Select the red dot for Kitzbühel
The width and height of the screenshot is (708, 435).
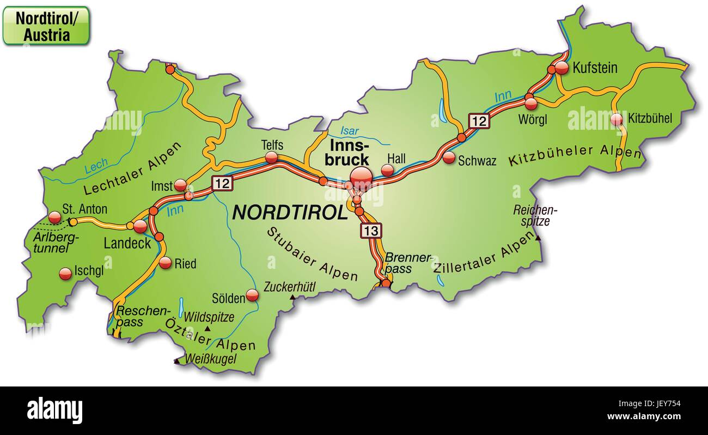tap(617, 119)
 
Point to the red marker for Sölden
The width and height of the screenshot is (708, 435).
tap(252, 295)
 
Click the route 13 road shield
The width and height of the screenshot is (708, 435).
tap(370, 231)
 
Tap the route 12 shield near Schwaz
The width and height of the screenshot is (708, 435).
tap(479, 121)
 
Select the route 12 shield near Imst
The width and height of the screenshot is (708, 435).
tap(222, 183)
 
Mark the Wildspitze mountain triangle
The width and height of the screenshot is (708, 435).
tap(207, 330)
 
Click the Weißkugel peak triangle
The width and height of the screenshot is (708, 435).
tap(176, 361)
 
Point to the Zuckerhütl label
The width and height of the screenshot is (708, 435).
tap(289, 287)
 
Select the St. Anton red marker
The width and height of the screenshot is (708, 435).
tap(54, 217)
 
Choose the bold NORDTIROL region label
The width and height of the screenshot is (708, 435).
tap(290, 212)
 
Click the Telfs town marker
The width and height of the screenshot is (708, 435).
tap(271, 158)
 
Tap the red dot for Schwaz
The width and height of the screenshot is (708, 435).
tap(449, 158)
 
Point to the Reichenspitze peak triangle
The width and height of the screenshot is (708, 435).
tap(538, 238)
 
